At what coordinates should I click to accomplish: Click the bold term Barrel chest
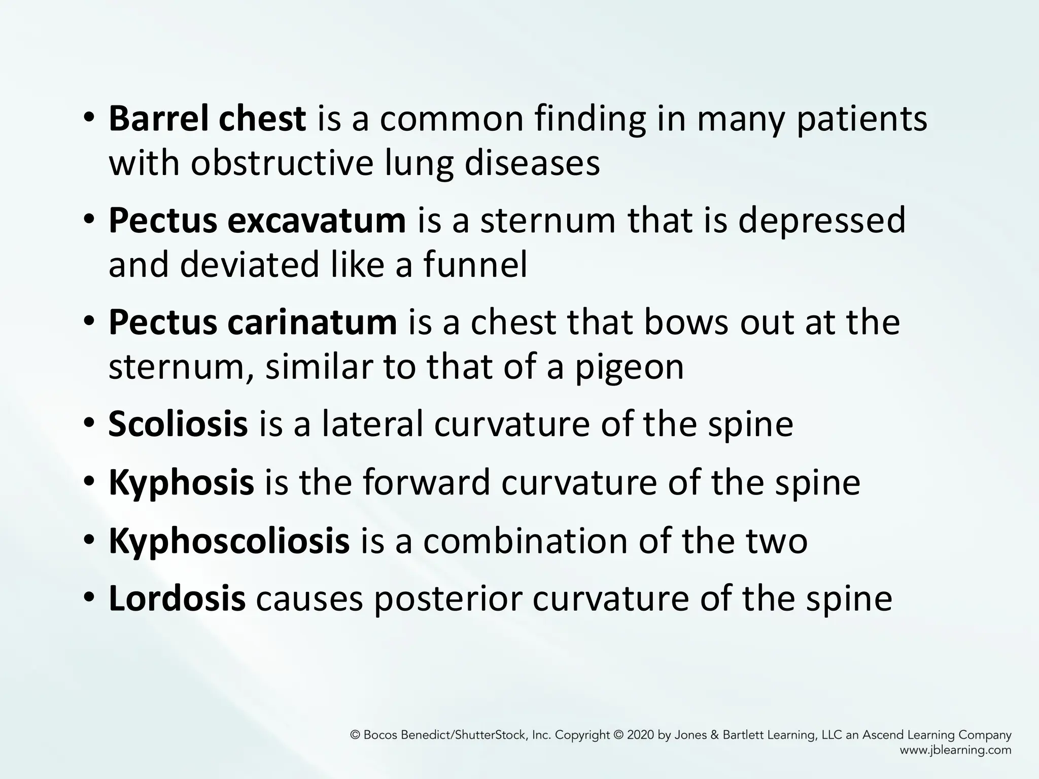(207, 119)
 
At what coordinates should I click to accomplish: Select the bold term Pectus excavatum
(257, 221)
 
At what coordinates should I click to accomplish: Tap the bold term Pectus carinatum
(252, 323)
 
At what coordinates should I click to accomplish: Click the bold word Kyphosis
(181, 483)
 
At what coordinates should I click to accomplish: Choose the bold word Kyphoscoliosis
(229, 541)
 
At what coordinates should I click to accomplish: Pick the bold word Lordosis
(177, 599)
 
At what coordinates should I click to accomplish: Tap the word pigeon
(629, 368)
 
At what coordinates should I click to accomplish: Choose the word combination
(525, 541)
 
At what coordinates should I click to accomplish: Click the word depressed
(821, 221)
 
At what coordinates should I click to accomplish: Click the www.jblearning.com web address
(955, 750)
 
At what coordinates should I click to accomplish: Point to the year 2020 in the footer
(641, 735)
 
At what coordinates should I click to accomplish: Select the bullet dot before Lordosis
(89, 599)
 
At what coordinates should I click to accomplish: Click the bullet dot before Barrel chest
(89, 119)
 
